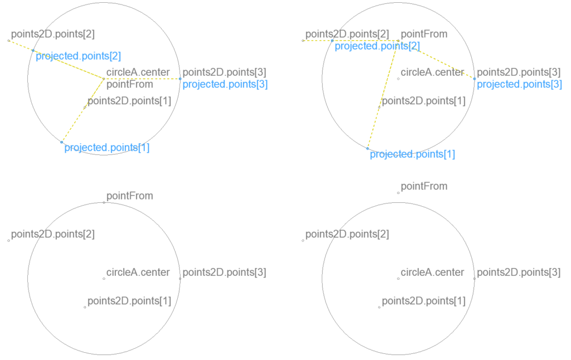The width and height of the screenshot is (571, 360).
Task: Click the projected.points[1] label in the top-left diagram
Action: [x=107, y=148]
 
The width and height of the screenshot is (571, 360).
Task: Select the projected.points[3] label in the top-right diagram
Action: [x=519, y=84]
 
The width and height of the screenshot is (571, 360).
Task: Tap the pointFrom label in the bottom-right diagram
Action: [x=424, y=186]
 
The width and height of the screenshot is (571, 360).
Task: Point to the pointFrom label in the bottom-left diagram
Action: [x=129, y=196]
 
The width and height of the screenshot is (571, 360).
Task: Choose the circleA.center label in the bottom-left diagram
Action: [x=138, y=273]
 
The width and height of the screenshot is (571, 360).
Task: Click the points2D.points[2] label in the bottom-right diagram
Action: [x=347, y=234]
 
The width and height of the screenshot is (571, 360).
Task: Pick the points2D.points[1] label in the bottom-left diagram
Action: [x=129, y=301]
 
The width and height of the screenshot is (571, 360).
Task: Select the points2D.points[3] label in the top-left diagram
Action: [x=224, y=72]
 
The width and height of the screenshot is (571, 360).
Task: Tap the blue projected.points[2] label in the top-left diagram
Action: [x=78, y=56]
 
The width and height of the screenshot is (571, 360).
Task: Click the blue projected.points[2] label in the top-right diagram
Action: [x=377, y=46]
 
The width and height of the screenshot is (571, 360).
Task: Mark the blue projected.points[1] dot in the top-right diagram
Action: [x=367, y=148]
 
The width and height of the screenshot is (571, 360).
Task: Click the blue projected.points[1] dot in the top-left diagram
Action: [x=62, y=142]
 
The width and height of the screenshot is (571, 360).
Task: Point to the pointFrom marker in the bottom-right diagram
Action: [x=398, y=193]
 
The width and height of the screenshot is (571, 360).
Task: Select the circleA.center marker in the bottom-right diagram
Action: [x=398, y=279]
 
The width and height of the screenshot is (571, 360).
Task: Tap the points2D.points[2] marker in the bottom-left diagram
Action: [x=8, y=241]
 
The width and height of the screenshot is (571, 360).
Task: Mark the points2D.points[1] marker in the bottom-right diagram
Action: [x=379, y=307]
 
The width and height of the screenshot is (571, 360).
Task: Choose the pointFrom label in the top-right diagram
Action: [x=424, y=34]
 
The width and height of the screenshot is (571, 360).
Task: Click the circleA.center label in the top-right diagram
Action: [x=432, y=72]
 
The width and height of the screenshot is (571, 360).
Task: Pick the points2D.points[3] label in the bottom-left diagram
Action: [x=224, y=273]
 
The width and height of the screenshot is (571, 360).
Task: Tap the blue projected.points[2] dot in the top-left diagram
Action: [x=33, y=50]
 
